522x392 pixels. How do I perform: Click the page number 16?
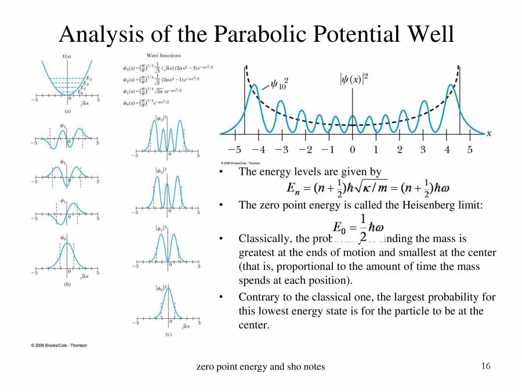point(486,366)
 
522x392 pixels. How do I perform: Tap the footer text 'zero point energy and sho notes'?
point(261,366)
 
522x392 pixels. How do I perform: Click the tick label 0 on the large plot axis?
point(352,150)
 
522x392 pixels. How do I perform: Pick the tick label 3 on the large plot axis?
point(423,150)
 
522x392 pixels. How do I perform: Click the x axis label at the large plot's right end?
point(488,133)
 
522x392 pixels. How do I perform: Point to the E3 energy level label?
point(88,78)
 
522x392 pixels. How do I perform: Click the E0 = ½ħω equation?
point(358,227)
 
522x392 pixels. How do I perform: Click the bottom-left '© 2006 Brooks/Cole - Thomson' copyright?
point(59,346)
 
